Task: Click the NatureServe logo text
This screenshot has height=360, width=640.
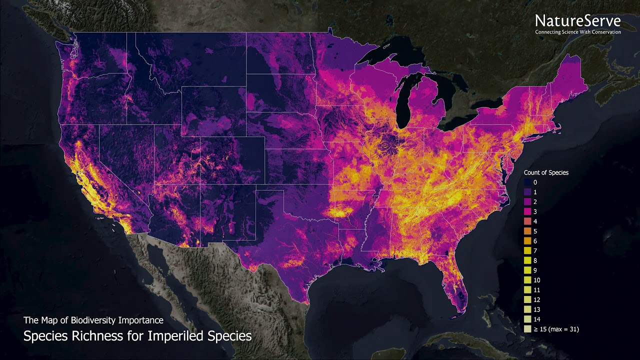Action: pyautogui.click(x=577, y=21)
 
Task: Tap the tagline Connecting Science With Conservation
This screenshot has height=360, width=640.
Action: pyautogui.click(x=577, y=32)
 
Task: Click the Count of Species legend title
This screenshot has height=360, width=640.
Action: pyautogui.click(x=546, y=172)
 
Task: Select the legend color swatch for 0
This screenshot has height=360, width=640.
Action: pyautogui.click(x=528, y=182)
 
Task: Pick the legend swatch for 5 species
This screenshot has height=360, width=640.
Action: pyautogui.click(x=528, y=231)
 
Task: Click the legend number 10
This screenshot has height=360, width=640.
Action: pyautogui.click(x=537, y=280)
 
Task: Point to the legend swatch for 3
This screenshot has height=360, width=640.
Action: pyautogui.click(x=528, y=212)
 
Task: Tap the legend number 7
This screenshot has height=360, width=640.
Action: pyautogui.click(x=535, y=251)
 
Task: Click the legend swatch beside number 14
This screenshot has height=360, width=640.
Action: pyautogui.click(x=528, y=319)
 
